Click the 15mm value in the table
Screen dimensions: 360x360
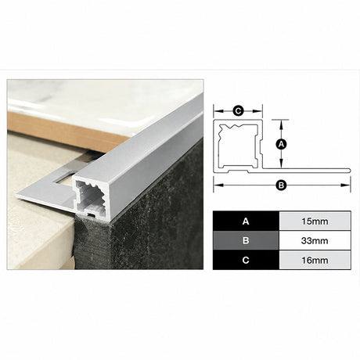click(315, 221)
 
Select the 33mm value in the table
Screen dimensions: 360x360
click(315, 240)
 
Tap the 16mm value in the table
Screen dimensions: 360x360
click(315, 260)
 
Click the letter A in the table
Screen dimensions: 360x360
click(246, 221)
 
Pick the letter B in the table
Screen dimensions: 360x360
click(246, 240)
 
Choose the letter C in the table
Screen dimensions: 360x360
click(246, 260)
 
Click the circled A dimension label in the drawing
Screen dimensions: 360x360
click(281, 144)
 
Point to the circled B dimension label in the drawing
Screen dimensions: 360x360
click(281, 185)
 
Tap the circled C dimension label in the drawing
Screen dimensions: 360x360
click(238, 111)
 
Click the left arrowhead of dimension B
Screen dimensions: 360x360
click(218, 185)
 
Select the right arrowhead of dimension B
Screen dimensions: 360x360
click(346, 185)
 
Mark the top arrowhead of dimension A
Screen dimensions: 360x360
click(281, 124)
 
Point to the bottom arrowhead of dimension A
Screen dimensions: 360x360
click(281, 164)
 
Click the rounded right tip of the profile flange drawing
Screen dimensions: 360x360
click(350, 171)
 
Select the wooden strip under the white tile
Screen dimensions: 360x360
click(65, 131)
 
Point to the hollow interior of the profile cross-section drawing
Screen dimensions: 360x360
click(238, 146)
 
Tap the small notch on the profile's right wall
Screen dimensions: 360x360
click(261, 148)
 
